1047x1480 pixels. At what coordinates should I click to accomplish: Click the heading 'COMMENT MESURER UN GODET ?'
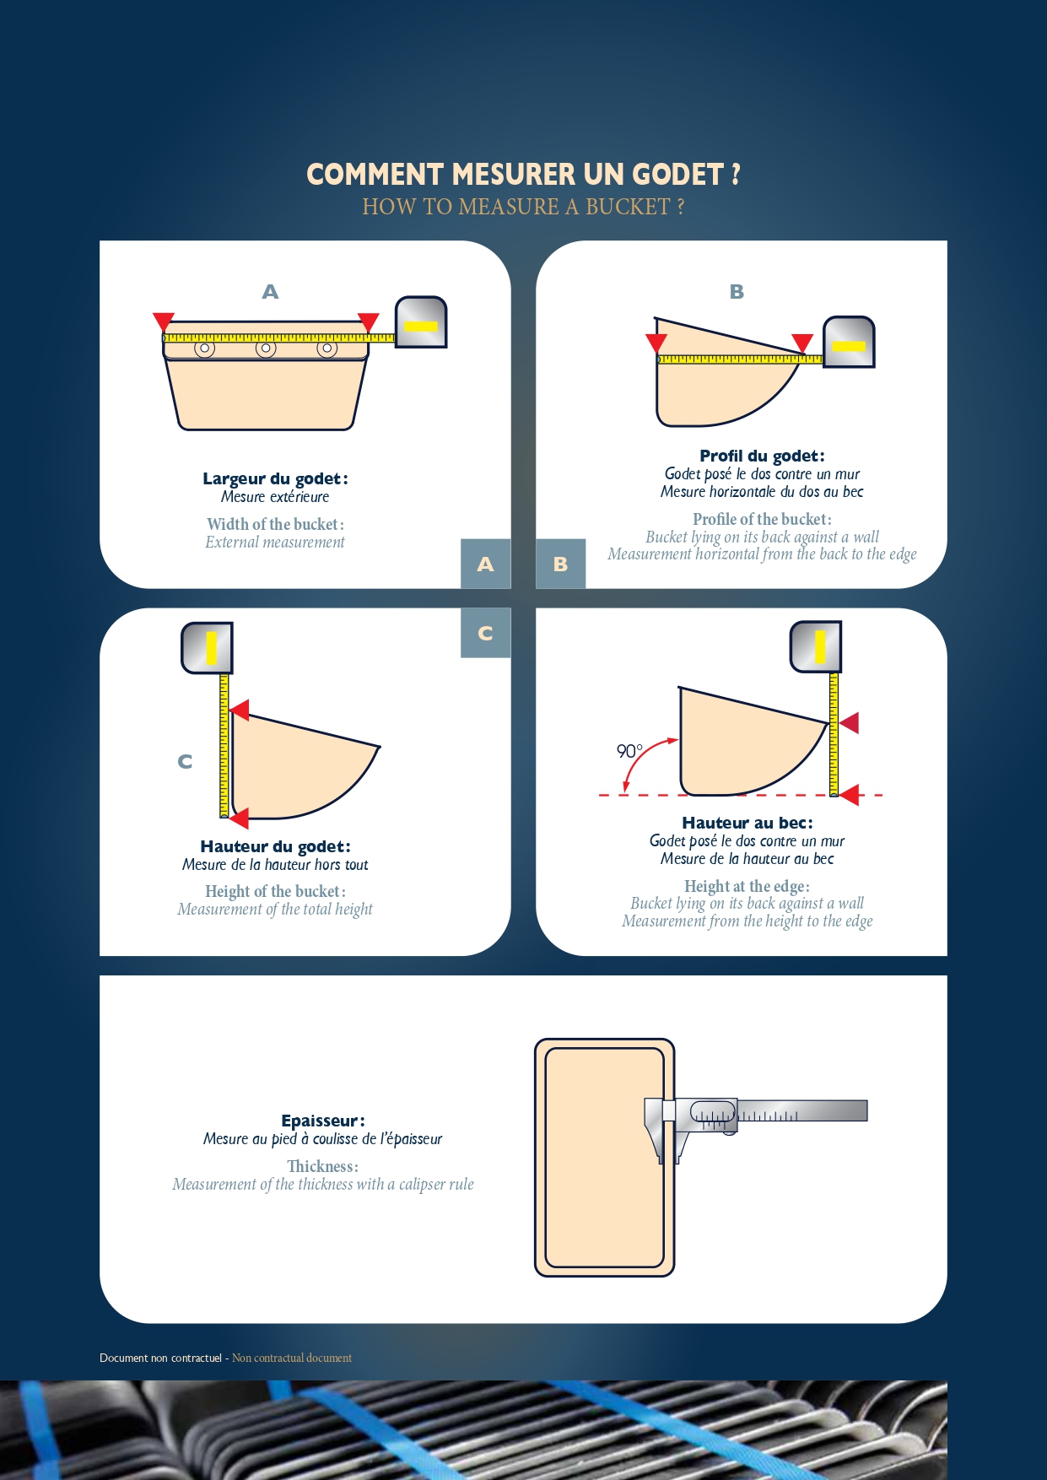[523, 175]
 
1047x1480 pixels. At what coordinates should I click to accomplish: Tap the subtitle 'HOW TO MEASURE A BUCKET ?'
[523, 207]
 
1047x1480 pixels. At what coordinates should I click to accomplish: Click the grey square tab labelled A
[485, 564]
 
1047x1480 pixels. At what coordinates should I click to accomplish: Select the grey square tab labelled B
[561, 564]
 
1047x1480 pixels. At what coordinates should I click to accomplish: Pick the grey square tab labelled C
[485, 633]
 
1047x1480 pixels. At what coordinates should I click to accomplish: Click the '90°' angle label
[629, 750]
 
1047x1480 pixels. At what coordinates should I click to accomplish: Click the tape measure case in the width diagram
[421, 321]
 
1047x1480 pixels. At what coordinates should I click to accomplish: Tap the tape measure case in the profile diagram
[849, 342]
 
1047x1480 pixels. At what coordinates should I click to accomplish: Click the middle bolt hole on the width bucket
[266, 348]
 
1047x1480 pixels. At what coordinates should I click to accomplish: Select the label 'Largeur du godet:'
[275, 478]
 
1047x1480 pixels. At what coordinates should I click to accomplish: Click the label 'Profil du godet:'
[762, 456]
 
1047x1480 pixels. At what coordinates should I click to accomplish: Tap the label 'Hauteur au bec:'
[747, 823]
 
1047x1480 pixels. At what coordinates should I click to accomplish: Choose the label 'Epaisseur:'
[323, 1121]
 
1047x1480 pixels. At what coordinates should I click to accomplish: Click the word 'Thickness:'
[323, 1166]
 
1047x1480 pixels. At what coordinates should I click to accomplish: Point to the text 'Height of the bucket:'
[275, 891]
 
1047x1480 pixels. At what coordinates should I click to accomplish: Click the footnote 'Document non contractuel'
[160, 1358]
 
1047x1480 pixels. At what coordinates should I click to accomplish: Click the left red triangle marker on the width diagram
[164, 321]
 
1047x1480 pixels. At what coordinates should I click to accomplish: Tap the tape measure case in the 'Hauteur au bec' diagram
[816, 647]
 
